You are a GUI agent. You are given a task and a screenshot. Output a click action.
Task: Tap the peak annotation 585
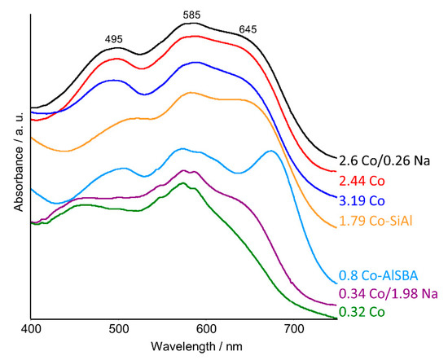click(191, 14)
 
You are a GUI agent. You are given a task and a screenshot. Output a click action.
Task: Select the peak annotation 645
click(250, 31)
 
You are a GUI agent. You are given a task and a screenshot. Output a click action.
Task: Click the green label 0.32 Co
click(362, 311)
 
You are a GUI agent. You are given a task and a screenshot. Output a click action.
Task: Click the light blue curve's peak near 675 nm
click(270, 151)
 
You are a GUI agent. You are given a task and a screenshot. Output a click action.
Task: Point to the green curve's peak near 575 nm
click(184, 183)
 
